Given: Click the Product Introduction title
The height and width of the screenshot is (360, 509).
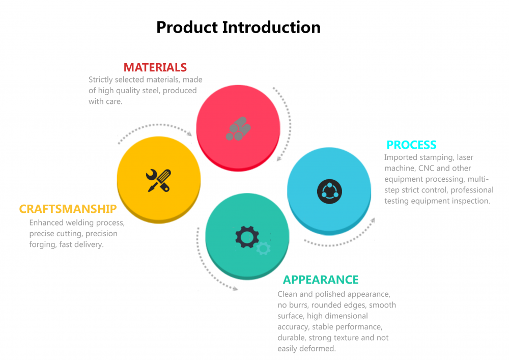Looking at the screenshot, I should click(238, 27).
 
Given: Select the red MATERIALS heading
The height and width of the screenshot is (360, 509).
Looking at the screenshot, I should click(155, 67).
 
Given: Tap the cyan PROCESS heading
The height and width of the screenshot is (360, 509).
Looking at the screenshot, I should click(411, 145).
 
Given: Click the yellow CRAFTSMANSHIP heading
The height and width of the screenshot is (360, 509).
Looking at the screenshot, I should click(68, 209).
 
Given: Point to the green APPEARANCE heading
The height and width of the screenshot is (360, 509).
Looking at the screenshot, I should click(321, 280).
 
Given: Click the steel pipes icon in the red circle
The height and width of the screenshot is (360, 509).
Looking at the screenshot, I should click(238, 128).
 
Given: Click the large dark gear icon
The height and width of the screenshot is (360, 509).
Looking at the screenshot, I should click(247, 237).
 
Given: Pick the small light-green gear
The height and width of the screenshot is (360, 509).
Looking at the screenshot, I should click(263, 248).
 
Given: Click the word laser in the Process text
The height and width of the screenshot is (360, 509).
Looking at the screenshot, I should click(465, 157).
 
